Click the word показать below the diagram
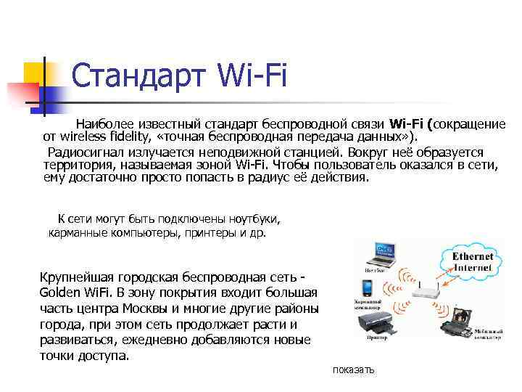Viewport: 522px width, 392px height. [x=354, y=370]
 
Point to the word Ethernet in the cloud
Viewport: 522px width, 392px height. [x=473, y=256]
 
